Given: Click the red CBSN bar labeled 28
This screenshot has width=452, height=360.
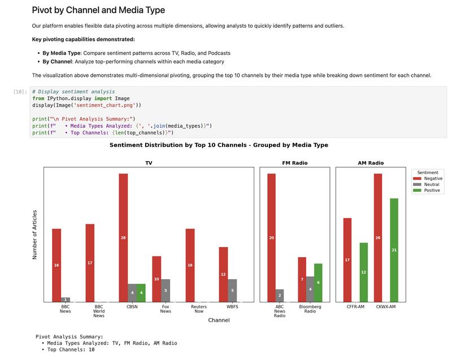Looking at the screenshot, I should [123, 237].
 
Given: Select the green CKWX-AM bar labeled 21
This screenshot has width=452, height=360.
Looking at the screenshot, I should [394, 250].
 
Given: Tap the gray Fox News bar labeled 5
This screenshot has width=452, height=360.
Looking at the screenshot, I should [166, 290].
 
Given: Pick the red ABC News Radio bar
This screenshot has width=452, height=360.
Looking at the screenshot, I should [271, 237].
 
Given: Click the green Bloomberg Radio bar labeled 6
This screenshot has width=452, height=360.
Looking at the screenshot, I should [318, 283].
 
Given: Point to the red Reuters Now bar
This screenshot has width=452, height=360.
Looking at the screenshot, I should [190, 265].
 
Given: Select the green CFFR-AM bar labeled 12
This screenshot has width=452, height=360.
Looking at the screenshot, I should [363, 272].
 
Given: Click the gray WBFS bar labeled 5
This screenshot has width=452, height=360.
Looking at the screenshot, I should [232, 290].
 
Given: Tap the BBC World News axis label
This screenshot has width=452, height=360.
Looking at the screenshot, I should [99, 311].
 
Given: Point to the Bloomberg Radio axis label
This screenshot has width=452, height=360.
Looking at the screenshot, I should [310, 309].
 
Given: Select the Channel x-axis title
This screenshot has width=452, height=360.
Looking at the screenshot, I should [218, 320].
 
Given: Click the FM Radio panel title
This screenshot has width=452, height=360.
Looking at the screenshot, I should [295, 163].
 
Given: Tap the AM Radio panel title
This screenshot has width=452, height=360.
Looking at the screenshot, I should [371, 163].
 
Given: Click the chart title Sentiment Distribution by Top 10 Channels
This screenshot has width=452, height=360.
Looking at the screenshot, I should [218, 145].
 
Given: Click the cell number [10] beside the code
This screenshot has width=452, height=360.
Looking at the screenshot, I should [20, 91].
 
